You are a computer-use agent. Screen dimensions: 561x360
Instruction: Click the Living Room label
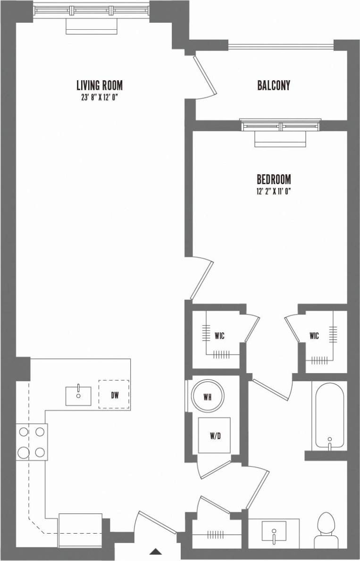tap(99, 85)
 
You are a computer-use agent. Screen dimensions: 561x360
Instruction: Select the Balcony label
tap(274, 85)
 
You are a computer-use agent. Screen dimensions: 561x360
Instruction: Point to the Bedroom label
tap(274, 179)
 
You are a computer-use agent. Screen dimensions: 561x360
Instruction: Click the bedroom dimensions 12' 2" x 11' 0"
tap(274, 191)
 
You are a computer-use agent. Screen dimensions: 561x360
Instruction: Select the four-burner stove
tap(32, 442)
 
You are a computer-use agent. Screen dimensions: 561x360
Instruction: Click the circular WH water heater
tap(207, 397)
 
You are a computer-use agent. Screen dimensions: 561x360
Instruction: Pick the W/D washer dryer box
tap(215, 436)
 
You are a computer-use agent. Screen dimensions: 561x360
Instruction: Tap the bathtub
tap(329, 416)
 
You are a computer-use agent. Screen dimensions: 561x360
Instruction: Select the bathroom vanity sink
tap(274, 531)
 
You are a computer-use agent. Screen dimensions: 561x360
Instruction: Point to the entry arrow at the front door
tap(156, 551)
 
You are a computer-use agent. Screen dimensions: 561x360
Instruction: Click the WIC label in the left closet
tap(219, 336)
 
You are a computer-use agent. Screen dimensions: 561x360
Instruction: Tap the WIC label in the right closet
tap(314, 336)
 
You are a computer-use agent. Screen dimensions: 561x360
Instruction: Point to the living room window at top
tap(92, 9)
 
